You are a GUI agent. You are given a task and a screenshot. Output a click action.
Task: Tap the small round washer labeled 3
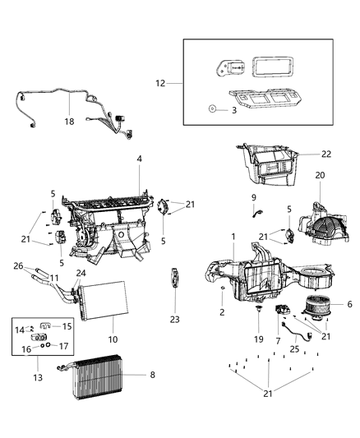[x=212, y=108]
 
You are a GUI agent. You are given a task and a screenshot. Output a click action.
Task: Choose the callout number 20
[x=320, y=175]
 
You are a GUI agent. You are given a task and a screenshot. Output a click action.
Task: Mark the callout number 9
[x=254, y=198]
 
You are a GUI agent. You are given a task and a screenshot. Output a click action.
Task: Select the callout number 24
[x=81, y=274]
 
